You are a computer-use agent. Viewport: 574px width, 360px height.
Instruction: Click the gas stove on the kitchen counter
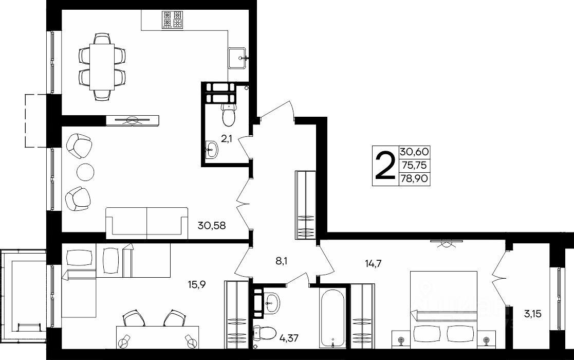tap(173, 20)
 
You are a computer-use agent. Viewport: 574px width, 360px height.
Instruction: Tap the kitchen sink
tap(238, 58)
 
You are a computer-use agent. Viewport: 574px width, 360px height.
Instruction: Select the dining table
tap(102, 67)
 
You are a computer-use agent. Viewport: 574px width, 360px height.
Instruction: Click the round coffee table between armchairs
tap(86, 171)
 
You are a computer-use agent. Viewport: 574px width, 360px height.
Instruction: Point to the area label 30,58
tap(212, 225)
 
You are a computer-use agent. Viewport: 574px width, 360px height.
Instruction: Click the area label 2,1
tap(227, 139)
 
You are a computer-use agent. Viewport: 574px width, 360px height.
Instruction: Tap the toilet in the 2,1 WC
tap(229, 114)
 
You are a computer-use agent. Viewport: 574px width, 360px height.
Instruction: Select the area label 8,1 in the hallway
tap(282, 261)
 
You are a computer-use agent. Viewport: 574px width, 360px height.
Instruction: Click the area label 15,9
tap(197, 284)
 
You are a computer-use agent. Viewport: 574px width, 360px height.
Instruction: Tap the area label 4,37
tap(289, 337)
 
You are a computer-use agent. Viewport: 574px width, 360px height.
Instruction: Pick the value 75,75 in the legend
tap(414, 166)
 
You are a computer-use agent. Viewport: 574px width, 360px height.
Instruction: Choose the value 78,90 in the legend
tap(414, 179)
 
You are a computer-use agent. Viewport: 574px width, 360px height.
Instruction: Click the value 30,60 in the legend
tap(414, 152)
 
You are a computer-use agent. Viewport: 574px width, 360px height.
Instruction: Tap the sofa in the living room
tap(147, 223)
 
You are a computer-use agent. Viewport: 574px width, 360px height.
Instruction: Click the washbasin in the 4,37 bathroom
tap(271, 302)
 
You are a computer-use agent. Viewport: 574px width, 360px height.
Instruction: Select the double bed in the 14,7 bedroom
tap(443, 307)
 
